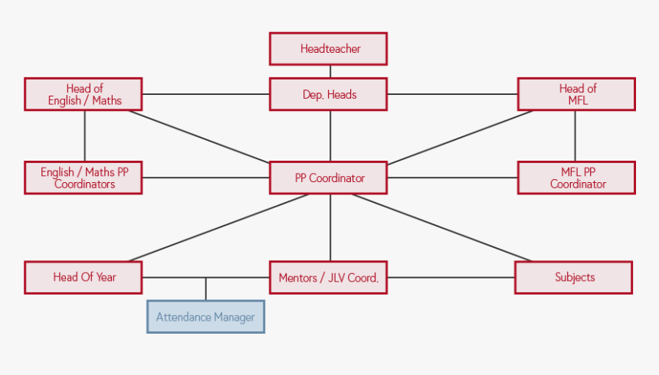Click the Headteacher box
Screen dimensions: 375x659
329,49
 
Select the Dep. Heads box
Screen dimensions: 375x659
329,95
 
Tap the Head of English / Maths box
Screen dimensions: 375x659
84,94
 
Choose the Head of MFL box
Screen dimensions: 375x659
576,94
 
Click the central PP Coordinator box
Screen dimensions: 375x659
329,178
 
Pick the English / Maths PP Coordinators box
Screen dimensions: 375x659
84,178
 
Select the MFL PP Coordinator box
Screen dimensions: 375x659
576,178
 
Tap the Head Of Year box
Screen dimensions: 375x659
84,277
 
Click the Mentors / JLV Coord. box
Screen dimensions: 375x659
329,278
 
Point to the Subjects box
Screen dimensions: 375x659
574,277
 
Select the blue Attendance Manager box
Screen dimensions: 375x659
205,317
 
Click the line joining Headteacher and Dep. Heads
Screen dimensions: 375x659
330,71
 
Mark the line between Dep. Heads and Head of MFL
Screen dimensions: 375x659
452,95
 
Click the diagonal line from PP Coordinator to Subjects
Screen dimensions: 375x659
441,227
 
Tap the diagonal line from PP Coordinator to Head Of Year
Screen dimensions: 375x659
218,227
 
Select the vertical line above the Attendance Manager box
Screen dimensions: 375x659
205,289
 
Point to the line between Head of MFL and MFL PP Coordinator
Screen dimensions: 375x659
575,136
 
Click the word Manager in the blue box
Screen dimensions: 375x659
234,317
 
